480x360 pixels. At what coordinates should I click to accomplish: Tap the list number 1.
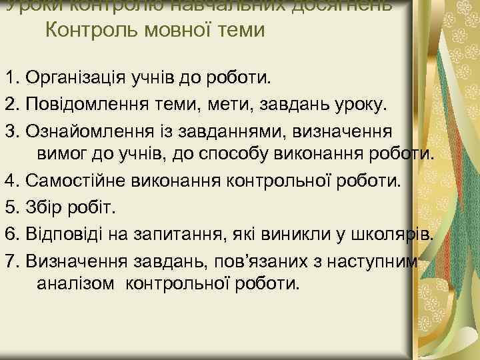coord(9,77)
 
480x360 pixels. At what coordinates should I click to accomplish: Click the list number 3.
coord(9,129)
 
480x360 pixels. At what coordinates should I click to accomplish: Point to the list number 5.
coord(9,207)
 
